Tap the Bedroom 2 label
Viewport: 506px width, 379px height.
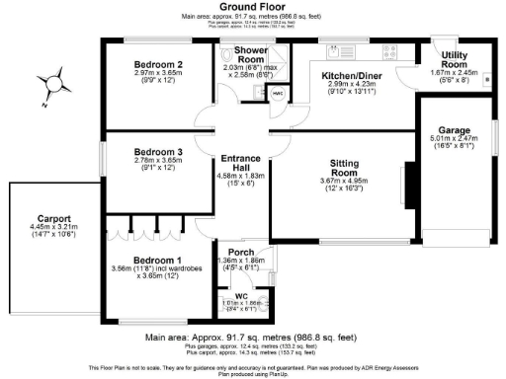[158, 63]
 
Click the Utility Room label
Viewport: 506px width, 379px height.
[455, 58]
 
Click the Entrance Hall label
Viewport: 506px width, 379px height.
[240, 163]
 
